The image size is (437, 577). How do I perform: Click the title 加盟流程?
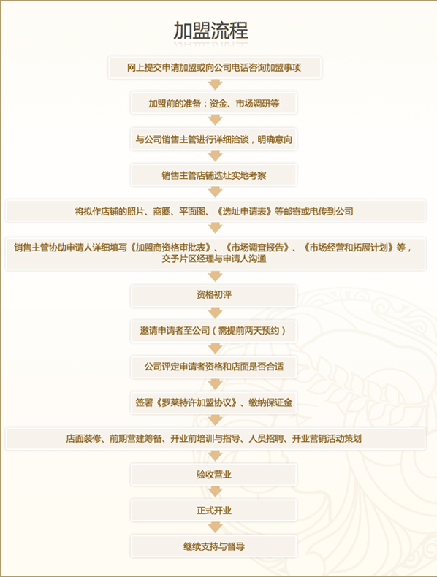coord(211,31)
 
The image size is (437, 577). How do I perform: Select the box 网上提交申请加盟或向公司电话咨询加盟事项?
coord(215,67)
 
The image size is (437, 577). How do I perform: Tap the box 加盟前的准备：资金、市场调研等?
coord(213,103)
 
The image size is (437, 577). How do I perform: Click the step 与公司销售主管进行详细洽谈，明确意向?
coord(213,139)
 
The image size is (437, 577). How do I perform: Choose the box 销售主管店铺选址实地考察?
coord(213,175)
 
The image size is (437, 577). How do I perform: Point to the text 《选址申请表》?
coord(245,212)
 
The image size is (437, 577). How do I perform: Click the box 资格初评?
coord(213,296)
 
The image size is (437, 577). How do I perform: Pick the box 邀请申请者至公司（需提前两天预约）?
coord(213,331)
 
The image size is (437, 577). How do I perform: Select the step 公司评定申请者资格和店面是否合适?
coord(213,367)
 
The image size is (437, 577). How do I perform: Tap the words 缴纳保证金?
coord(270,402)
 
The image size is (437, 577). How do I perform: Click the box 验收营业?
coord(213,475)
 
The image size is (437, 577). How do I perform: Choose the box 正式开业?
coord(213,511)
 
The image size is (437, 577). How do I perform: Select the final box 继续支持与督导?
coord(213,546)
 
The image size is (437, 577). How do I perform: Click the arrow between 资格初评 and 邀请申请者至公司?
coord(215,313)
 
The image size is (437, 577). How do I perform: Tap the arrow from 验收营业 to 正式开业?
coord(215,492)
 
